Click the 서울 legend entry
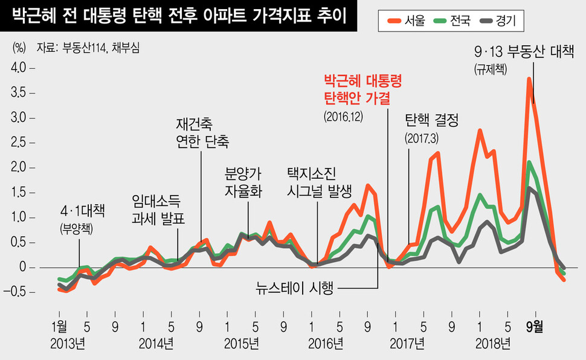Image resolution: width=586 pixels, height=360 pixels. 408,22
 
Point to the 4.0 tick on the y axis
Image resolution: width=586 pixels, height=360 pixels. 18,68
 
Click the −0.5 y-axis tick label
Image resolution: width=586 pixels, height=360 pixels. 15,292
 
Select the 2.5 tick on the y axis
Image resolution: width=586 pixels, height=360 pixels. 18,143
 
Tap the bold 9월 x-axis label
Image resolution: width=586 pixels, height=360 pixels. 535,327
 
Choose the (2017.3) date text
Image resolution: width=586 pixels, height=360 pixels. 421,137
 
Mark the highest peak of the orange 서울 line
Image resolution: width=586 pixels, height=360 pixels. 529,79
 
